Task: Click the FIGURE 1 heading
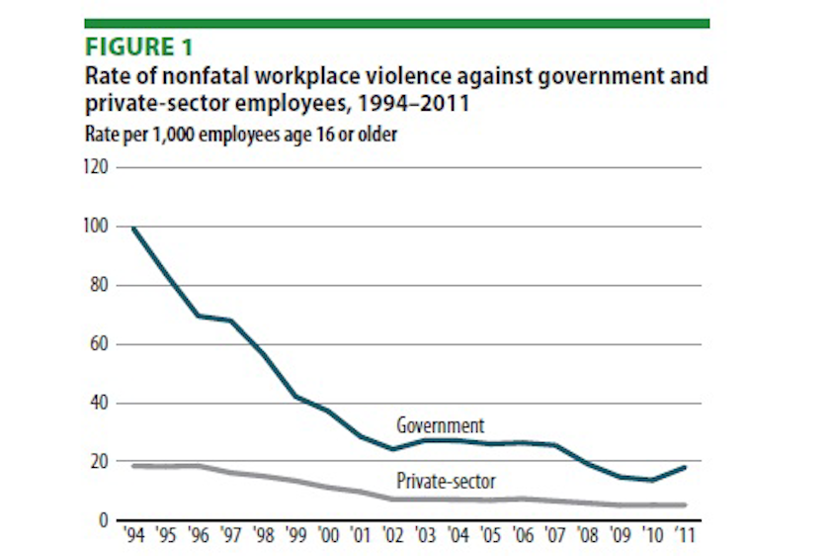click(138, 47)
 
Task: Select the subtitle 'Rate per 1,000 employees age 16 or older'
click(241, 134)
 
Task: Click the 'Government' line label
click(440, 426)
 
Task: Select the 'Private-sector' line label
click(446, 482)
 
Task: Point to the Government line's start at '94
click(132, 229)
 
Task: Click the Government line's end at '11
click(685, 467)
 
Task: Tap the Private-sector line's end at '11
click(685, 505)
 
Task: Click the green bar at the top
click(396, 23)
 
